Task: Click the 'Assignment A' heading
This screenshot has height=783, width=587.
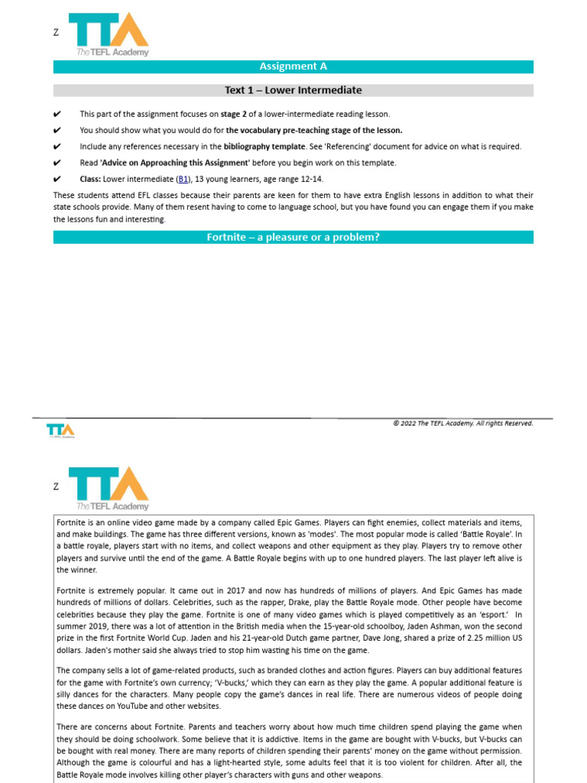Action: coord(293,67)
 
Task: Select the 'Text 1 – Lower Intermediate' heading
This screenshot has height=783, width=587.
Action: coord(293,90)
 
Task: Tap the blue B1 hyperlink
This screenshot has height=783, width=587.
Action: coord(183,179)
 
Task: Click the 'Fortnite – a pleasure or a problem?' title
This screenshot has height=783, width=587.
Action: coord(293,237)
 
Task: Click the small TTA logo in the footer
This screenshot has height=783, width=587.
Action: coord(60,430)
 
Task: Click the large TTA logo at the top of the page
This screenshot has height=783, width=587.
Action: coord(109,34)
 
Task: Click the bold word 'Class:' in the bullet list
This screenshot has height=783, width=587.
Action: coord(90,179)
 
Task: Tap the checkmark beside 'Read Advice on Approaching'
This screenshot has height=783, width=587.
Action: coord(57,163)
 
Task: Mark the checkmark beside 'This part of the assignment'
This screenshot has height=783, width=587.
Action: coord(57,114)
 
